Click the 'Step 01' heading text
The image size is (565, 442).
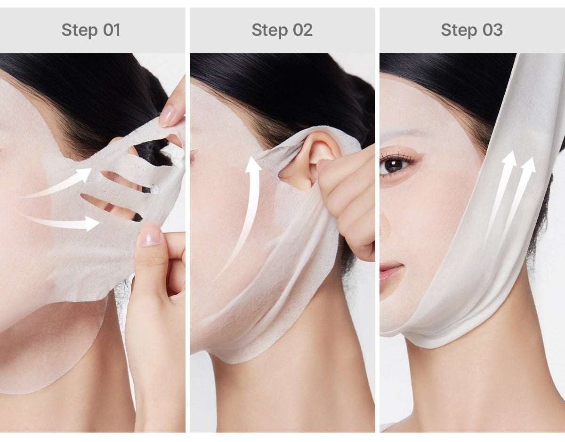pos(91,30)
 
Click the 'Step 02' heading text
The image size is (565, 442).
pos(282,30)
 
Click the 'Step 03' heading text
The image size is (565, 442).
pos(472,30)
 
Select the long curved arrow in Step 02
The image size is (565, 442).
pos(245,212)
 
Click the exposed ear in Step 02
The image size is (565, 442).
pos(313,155)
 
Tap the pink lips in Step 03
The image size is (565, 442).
pos(391,272)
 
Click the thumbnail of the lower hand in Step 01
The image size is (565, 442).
pos(150,234)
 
